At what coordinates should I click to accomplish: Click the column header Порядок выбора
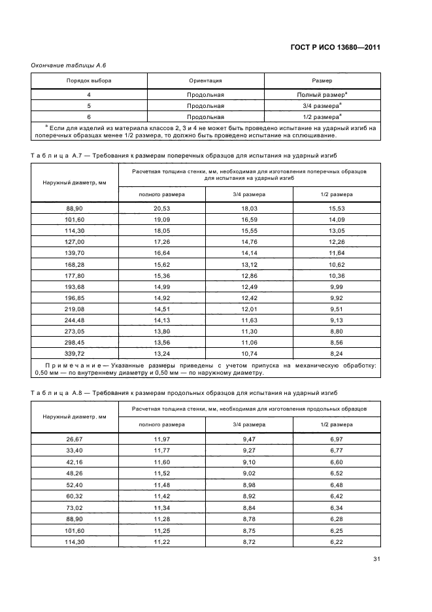pyautogui.click(x=89, y=80)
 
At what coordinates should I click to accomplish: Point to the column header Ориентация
pyautogui.click(x=205, y=80)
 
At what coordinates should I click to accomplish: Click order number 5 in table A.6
pyautogui.click(x=89, y=105)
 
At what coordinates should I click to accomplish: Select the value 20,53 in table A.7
pyautogui.click(x=161, y=207)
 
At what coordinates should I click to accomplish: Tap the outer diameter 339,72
pyautogui.click(x=74, y=352)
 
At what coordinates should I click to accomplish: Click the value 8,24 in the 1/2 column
pyautogui.click(x=337, y=352)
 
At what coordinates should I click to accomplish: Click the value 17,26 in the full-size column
pyautogui.click(x=161, y=241)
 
